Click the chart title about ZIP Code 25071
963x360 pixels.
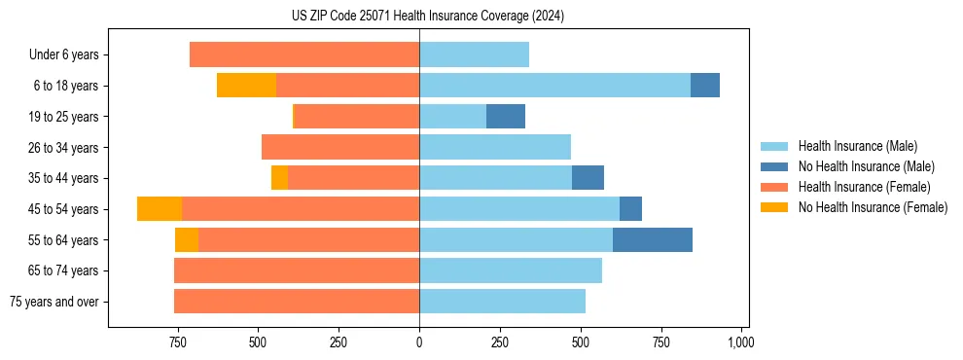427,16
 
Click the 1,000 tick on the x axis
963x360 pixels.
741,342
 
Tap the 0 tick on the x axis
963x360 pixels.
419,342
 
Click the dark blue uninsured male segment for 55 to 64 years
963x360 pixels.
653,240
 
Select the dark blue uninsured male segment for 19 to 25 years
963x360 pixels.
506,117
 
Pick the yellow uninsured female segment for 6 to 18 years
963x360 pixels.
246,86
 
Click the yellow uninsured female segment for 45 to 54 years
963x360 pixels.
160,209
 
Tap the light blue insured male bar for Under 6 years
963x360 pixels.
474,55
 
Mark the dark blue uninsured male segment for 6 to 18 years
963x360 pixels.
705,86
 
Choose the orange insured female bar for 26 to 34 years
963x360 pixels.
340,148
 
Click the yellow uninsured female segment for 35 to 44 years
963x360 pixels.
279,178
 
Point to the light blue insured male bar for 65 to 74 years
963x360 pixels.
511,270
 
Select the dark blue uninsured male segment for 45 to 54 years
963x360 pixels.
630,209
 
